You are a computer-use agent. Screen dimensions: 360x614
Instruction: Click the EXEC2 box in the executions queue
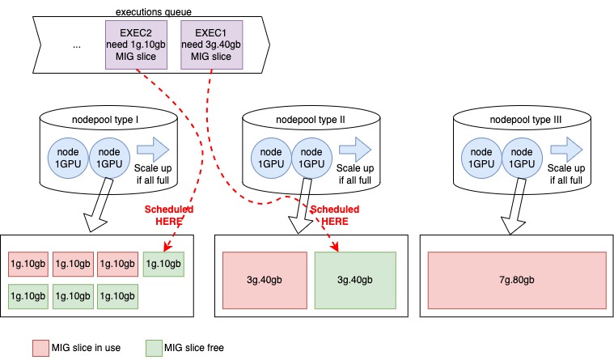(x=135, y=42)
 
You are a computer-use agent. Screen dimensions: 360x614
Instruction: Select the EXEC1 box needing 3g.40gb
(x=210, y=42)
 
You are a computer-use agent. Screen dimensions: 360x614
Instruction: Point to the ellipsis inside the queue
(x=77, y=45)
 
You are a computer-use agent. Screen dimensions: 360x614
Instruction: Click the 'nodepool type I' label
(x=108, y=121)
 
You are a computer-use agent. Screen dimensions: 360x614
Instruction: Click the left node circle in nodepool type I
(x=69, y=157)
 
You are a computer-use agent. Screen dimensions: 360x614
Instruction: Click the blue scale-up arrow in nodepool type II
(x=354, y=149)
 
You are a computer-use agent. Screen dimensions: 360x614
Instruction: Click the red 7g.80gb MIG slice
(x=517, y=280)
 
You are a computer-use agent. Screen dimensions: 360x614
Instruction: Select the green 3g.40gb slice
(x=355, y=280)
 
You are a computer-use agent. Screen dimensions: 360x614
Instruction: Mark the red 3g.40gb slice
(x=263, y=280)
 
